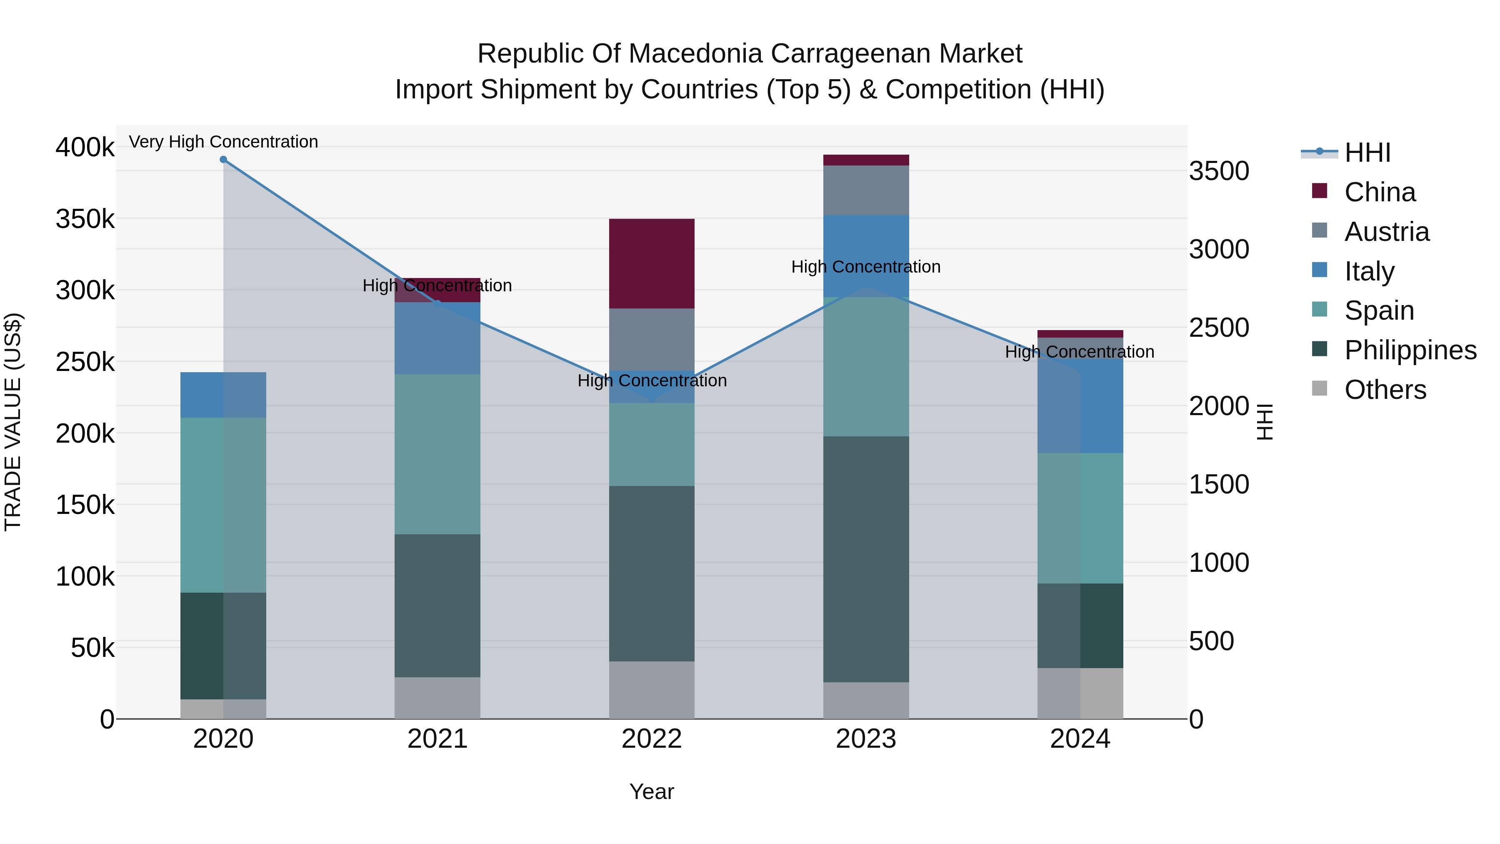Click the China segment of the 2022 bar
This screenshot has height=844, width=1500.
[x=652, y=263]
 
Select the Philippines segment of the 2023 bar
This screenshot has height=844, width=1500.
[x=866, y=559]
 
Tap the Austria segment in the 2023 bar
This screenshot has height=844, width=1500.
[x=866, y=190]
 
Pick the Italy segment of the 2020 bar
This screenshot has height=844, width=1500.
[x=223, y=395]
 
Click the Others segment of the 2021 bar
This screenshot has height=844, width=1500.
[x=437, y=698]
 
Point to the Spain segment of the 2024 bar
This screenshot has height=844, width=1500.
[x=1080, y=518]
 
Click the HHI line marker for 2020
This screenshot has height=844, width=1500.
[x=223, y=160]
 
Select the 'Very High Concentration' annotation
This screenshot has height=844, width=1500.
[x=223, y=142]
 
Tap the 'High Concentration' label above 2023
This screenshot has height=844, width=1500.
[x=866, y=267]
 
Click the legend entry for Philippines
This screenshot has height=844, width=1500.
[x=1410, y=350]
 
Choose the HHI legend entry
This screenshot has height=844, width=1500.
[x=1367, y=153]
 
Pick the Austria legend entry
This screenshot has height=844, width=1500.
[x=1386, y=232]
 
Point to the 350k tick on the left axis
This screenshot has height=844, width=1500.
[x=85, y=220]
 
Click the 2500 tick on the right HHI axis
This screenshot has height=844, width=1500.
[x=1219, y=328]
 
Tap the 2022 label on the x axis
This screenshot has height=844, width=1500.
[x=652, y=739]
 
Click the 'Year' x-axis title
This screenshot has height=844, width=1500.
[x=652, y=791]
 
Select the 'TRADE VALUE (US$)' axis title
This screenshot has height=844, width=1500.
[x=13, y=422]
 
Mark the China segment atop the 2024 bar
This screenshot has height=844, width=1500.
[x=1080, y=334]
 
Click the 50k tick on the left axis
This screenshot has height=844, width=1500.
[x=92, y=648]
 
